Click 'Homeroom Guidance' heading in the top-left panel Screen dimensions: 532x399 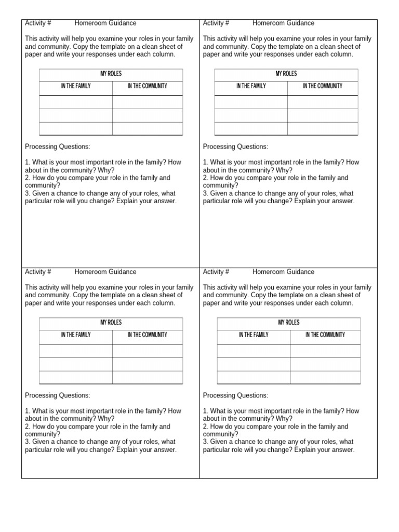tap(105, 23)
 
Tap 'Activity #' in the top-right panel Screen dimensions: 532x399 tap(216, 23)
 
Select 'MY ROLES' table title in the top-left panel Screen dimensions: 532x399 tap(111, 74)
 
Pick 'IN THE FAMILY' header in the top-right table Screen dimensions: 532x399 tap(251, 86)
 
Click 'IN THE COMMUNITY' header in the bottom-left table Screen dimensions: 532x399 tap(148, 335)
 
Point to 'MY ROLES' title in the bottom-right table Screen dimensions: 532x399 tap(289, 323)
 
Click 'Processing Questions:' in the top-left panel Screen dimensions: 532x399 tap(57, 147)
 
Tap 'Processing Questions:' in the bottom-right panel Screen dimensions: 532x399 tap(235, 395)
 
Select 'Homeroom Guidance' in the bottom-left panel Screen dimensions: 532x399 tap(105, 272)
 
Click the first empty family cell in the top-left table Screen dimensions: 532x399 tap(76, 102)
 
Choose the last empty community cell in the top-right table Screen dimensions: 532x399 tap(323, 128)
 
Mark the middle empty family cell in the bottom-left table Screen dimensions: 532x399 tap(76, 364)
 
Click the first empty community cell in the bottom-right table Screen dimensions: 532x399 tap(325, 351)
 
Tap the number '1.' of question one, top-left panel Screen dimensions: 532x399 tap(28, 163)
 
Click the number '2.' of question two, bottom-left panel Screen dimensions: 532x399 tap(28, 427)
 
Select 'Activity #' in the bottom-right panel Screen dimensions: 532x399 tap(216, 272)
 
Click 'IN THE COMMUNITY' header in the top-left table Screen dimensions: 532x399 tap(148, 86)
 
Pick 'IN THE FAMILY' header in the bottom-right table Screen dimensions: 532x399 tap(254, 335)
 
